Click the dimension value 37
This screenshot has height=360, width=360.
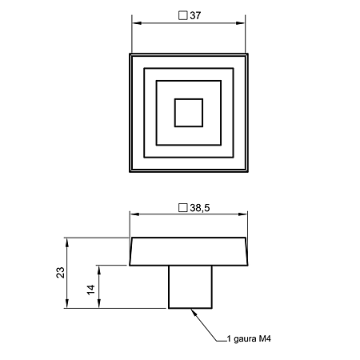[195, 15]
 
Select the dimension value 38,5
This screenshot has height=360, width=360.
[200, 208]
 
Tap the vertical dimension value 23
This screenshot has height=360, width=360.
[61, 273]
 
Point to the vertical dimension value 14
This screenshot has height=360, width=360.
[91, 290]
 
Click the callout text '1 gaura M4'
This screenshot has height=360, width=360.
[249, 338]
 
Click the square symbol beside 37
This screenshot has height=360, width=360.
[183, 15]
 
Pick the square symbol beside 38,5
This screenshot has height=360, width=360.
[183, 208]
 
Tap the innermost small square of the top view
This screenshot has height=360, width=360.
[189, 113]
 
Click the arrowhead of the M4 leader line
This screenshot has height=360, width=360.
[194, 313]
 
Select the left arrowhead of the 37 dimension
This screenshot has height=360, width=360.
[137, 23]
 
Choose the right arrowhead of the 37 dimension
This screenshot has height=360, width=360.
[241, 23]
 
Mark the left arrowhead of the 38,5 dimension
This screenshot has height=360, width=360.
[134, 214]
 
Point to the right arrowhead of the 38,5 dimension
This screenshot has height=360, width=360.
[242, 214]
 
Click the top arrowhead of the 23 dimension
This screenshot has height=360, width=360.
[67, 242]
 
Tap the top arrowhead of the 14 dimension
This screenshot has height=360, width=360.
[99, 270]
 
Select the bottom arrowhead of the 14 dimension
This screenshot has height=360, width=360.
[99, 304]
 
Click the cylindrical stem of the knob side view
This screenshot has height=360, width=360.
[190, 287]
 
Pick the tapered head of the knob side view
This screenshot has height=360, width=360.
[189, 251]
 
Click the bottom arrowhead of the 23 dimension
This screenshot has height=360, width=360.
[67, 304]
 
